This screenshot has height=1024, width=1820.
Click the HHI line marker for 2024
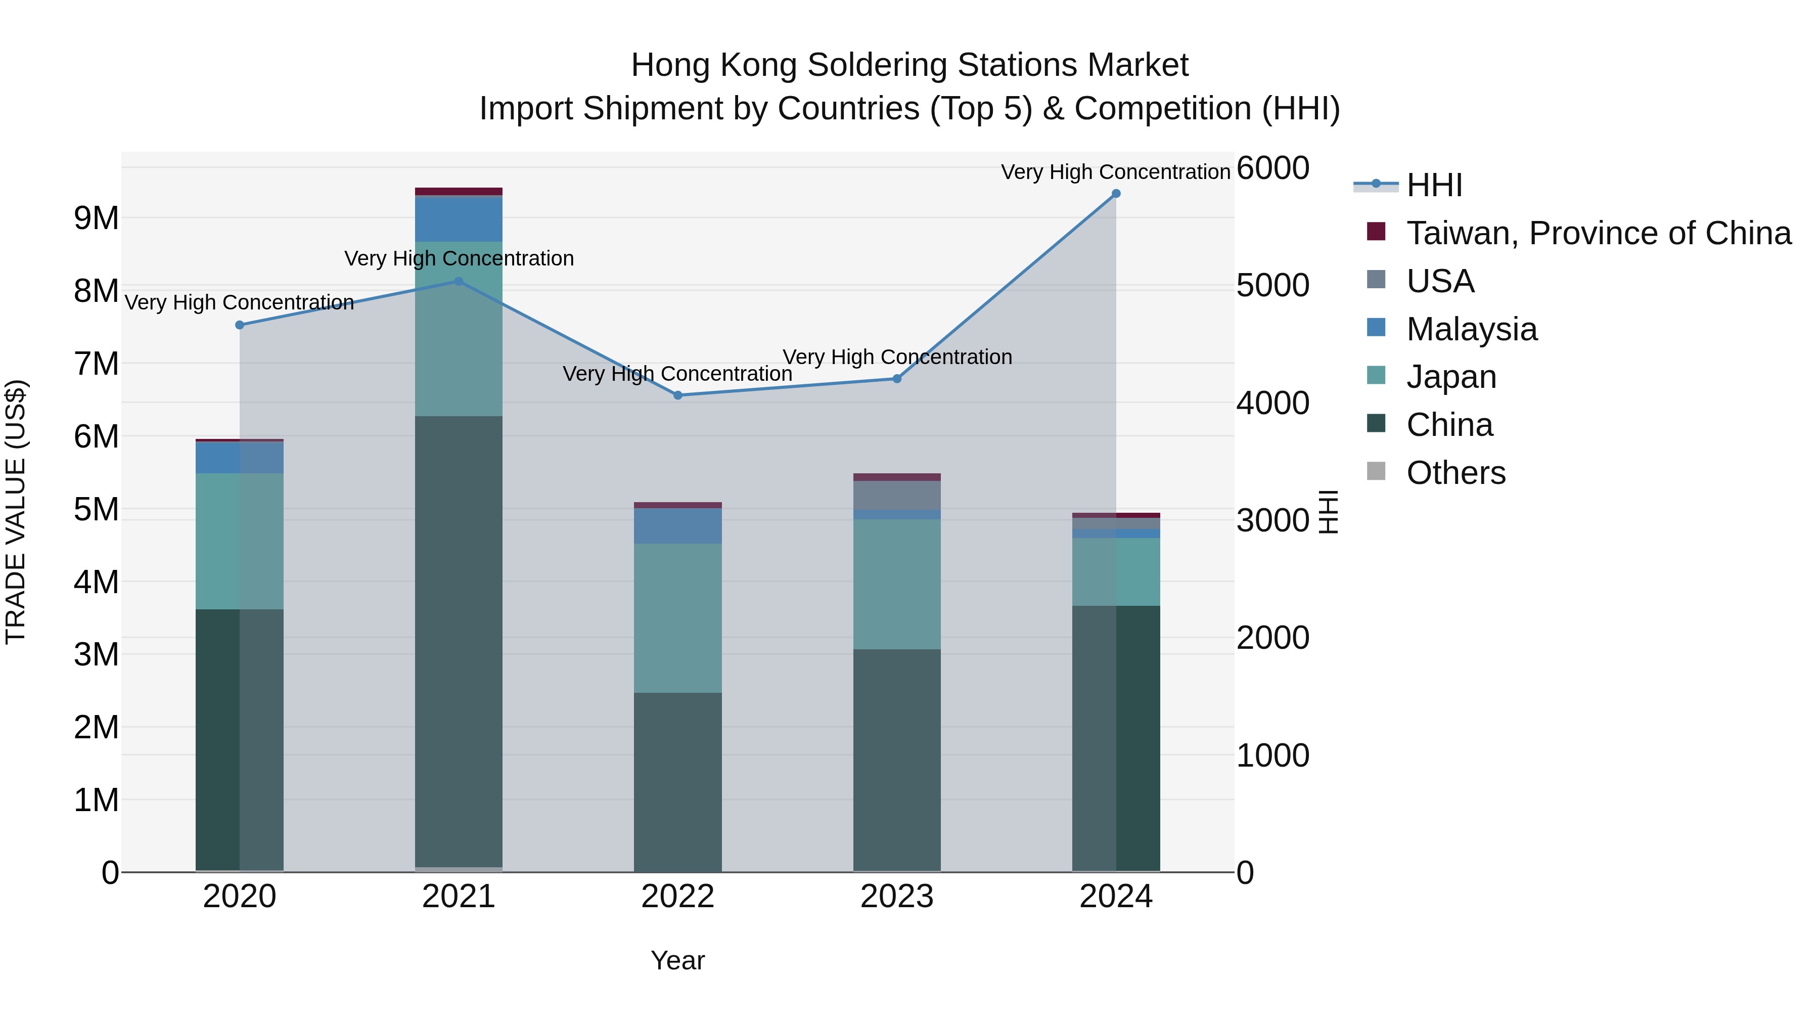point(1116,194)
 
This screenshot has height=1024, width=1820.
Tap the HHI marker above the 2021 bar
point(459,281)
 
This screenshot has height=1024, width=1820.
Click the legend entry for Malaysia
point(1471,329)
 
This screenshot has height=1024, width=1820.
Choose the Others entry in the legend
point(1455,473)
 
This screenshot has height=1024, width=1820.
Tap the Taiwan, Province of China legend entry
point(1598,233)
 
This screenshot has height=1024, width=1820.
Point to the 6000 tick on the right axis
point(1272,168)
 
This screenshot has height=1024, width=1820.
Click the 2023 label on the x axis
point(896,897)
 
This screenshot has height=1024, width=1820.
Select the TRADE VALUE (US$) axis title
point(16,512)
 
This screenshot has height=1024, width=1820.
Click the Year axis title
point(677,960)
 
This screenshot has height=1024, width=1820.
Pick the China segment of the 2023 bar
point(896,760)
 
